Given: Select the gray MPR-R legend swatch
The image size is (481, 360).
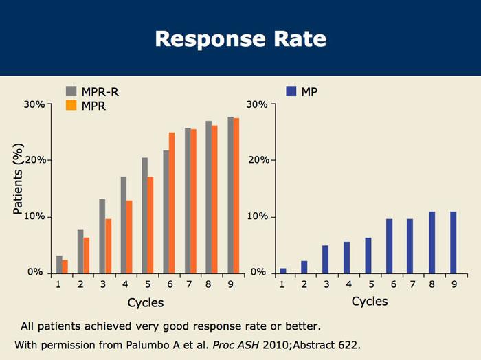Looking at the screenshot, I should point(71,91).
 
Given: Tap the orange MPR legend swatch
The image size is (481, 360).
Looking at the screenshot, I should point(71,106).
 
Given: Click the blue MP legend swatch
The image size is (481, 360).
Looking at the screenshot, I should point(290,91).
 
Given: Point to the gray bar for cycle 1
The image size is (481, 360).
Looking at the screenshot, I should point(59,265).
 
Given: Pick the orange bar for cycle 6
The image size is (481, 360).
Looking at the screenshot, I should point(172,203).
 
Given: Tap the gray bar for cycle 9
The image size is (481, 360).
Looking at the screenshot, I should point(230,195).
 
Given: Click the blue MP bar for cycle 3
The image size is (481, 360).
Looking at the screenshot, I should point(326,259).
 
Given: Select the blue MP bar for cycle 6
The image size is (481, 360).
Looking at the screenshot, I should point(389,246).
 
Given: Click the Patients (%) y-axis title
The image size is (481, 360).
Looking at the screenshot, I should point(19,180).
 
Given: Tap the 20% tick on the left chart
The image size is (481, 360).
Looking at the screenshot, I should point(34,160).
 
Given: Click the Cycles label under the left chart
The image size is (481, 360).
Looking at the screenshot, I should point(146,302).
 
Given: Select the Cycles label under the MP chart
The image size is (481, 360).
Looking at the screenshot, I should point(370,302).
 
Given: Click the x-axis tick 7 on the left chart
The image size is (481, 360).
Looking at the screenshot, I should point(188,282).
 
